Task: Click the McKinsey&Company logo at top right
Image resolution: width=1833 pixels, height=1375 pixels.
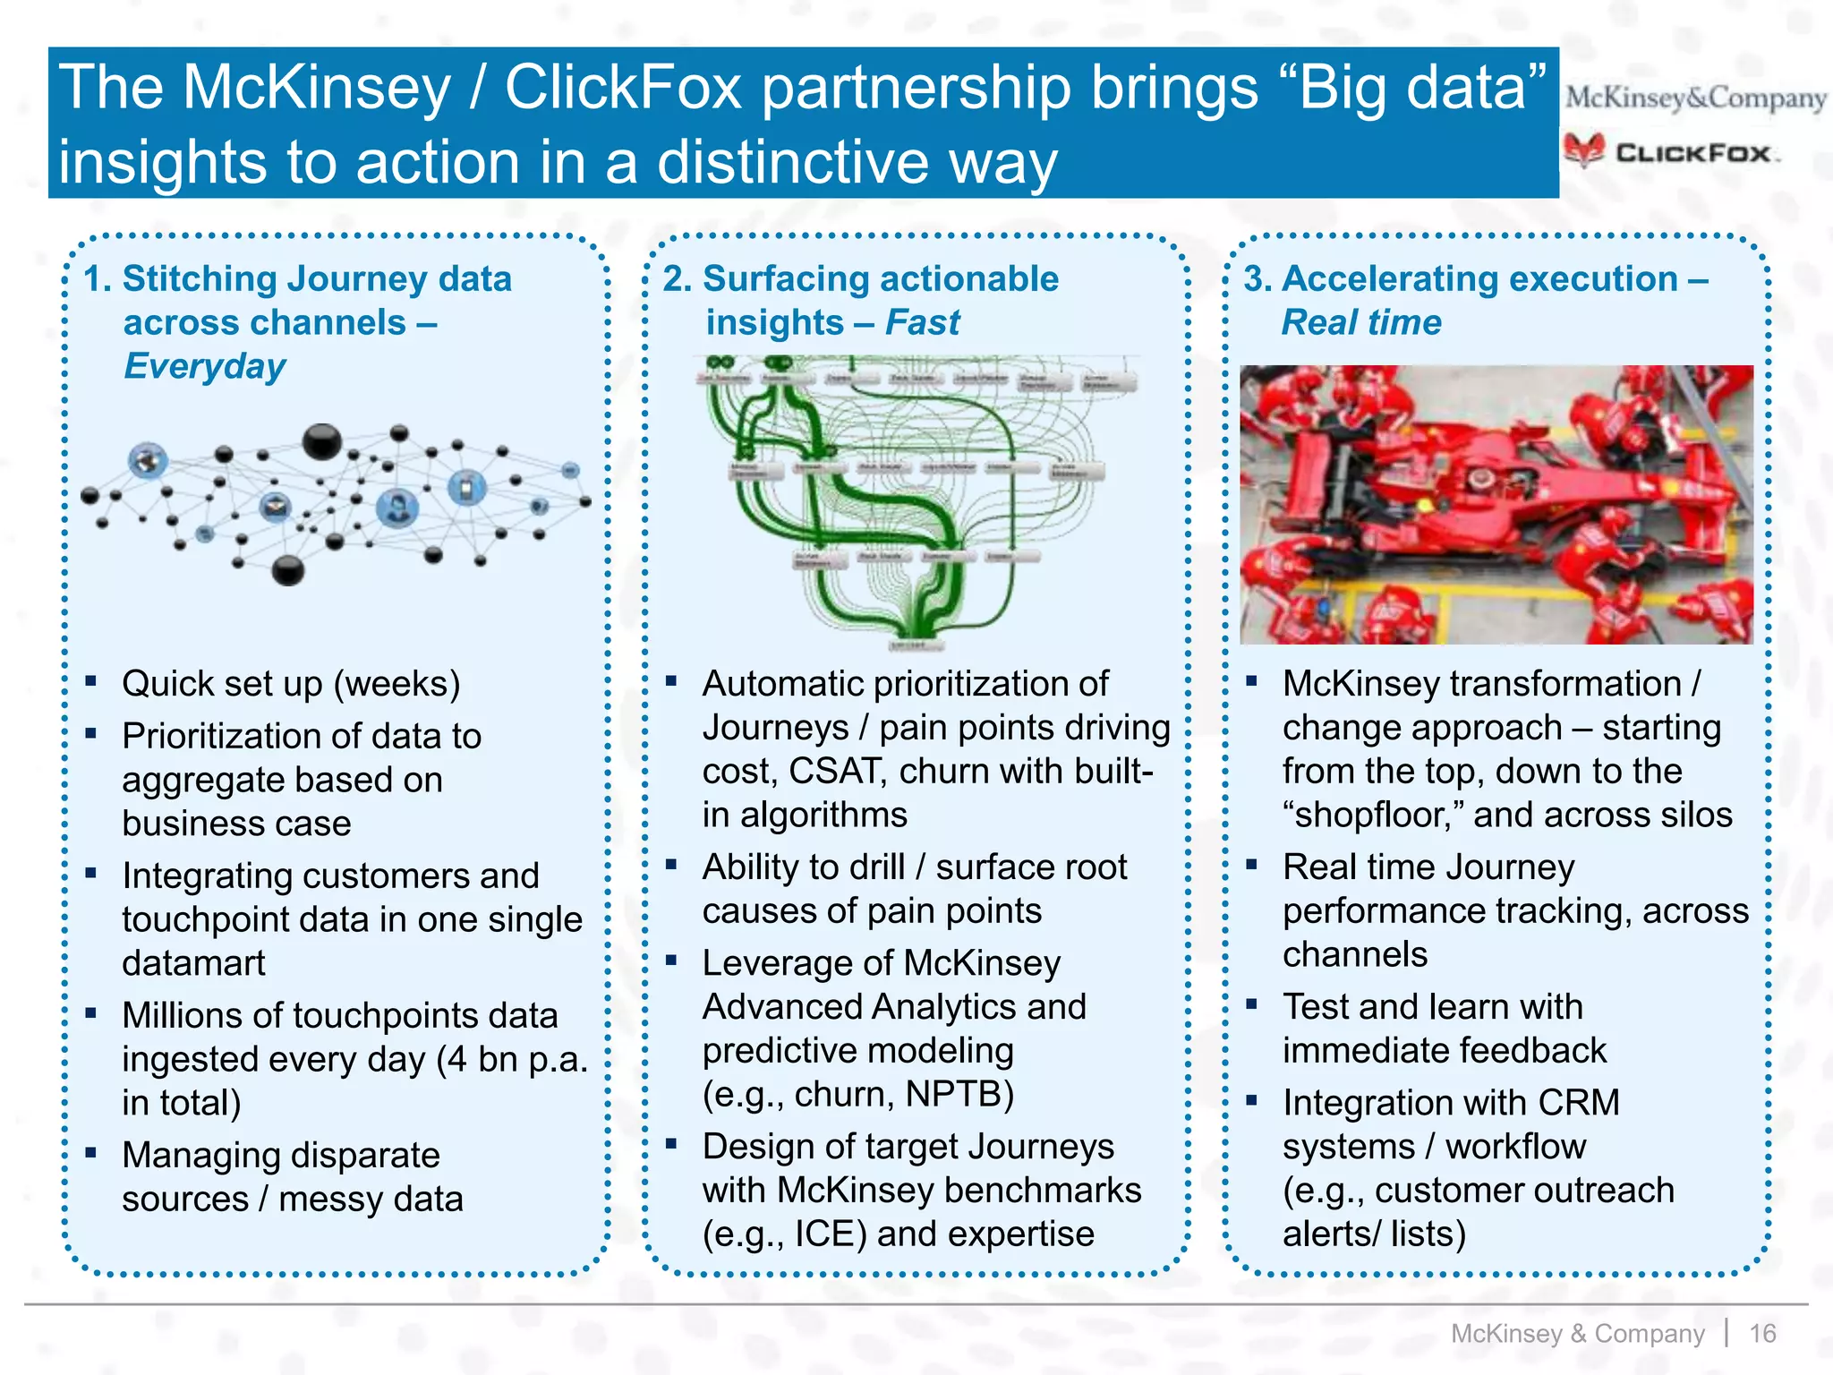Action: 1695,98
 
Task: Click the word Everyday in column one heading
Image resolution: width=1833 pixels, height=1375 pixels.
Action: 205,367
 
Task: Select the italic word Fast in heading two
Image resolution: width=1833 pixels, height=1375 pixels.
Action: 922,322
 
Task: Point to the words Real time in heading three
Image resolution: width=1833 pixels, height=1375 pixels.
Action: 1361,322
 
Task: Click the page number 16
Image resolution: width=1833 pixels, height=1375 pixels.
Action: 1762,1334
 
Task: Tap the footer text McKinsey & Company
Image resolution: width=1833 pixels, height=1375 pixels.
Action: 1577,1334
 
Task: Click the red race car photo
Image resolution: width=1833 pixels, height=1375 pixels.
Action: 1496,504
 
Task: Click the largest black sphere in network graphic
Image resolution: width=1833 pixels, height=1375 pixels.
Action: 321,441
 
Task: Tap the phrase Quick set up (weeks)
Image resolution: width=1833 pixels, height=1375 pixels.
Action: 291,684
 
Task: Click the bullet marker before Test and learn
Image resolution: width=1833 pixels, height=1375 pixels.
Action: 1251,1004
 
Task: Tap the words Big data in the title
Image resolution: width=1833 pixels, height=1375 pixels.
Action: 1421,89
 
